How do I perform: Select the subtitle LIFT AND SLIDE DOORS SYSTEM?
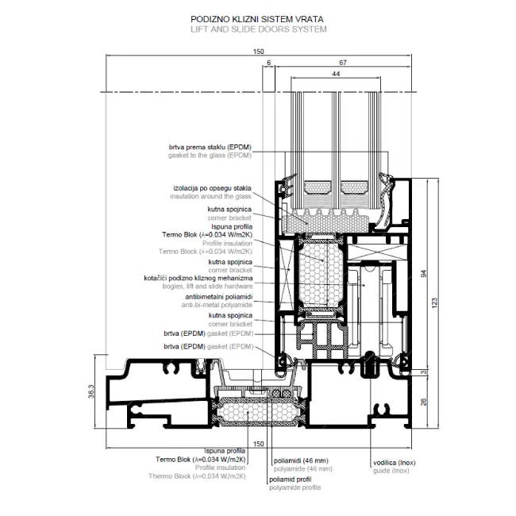point(258,29)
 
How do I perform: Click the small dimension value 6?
point(269,62)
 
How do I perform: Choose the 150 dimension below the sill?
point(257,443)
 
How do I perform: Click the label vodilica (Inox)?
point(398,462)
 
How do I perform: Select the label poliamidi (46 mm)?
point(299,461)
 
